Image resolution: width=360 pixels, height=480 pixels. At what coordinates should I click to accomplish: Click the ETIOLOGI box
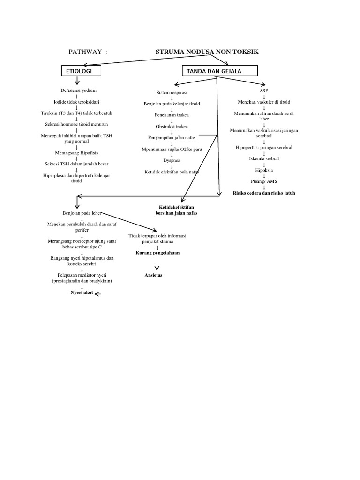click(x=81, y=71)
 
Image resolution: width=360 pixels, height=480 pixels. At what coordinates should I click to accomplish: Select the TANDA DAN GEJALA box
click(x=220, y=71)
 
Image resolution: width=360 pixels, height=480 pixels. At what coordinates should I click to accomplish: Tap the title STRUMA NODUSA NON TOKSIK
click(x=207, y=52)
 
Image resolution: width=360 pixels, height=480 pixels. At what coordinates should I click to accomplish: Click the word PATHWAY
click(x=85, y=52)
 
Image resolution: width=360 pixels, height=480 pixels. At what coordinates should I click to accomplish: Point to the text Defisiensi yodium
click(x=78, y=90)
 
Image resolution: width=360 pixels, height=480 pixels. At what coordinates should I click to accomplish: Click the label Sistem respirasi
click(x=172, y=92)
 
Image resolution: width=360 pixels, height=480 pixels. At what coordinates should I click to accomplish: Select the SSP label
click(x=264, y=90)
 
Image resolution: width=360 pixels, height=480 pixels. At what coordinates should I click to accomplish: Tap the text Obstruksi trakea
click(x=172, y=127)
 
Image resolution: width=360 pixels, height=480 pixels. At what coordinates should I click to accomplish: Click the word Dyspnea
click(x=172, y=160)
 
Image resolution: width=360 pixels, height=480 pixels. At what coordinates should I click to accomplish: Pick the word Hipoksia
click(x=264, y=170)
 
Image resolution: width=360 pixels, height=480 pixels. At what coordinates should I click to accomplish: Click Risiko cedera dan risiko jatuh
click(x=264, y=193)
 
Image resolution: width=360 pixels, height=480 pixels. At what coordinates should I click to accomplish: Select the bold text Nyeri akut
click(x=82, y=292)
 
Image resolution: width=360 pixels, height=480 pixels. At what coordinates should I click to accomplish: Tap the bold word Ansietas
click(x=153, y=275)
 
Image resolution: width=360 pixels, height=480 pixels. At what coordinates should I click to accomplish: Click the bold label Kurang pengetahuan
click(x=157, y=253)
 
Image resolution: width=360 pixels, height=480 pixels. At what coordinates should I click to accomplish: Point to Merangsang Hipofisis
click(x=76, y=153)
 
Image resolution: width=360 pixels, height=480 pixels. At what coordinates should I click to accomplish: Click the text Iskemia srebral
click(x=264, y=158)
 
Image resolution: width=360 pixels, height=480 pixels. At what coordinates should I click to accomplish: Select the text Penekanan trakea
click(x=172, y=115)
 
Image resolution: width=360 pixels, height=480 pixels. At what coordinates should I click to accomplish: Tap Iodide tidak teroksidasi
click(x=76, y=102)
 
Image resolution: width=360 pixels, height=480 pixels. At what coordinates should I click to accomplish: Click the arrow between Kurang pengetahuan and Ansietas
click(x=157, y=263)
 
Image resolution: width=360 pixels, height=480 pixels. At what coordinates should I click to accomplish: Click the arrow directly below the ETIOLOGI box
click(x=77, y=81)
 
